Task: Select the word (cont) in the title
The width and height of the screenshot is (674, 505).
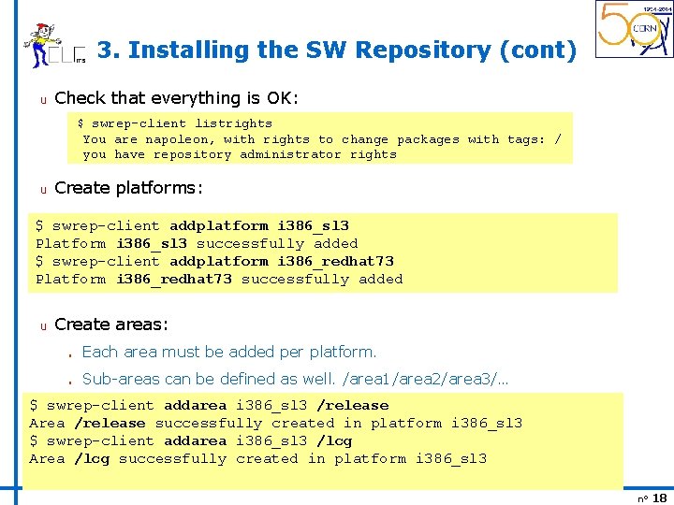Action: click(x=538, y=50)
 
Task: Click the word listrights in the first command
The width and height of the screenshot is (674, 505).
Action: click(x=233, y=123)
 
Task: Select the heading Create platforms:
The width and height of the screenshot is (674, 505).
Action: click(x=129, y=188)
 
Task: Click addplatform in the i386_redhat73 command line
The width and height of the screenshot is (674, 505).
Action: click(x=219, y=262)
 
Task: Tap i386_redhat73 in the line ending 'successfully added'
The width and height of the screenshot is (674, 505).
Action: click(x=174, y=280)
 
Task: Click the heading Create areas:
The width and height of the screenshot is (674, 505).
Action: click(x=111, y=325)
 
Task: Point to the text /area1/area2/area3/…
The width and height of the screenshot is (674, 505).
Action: click(x=426, y=379)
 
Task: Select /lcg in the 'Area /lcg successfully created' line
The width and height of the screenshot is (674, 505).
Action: click(x=93, y=459)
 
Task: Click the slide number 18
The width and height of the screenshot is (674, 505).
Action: click(x=659, y=498)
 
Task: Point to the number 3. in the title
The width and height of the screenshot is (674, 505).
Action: click(x=108, y=50)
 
